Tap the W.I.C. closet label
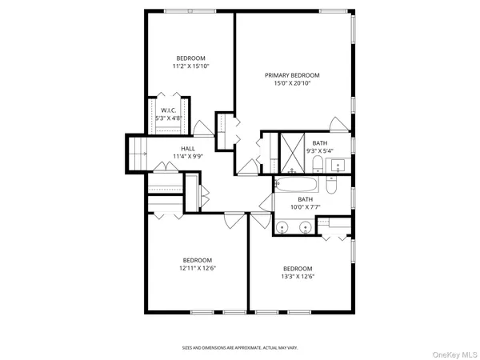168,110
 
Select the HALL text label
188,149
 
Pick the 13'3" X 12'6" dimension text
297,277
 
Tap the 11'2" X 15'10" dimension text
191,66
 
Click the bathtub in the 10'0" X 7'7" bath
298,184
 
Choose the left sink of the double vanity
284,227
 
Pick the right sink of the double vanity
306,227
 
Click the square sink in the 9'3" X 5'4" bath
338,166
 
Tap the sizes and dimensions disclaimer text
240,348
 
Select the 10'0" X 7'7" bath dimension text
306,207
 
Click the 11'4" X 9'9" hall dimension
188,157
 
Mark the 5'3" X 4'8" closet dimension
168,118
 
